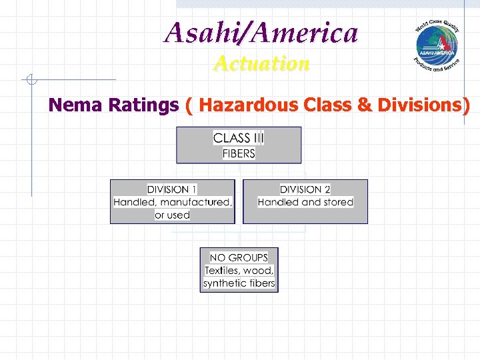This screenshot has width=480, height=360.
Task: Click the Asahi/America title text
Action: click(261, 32)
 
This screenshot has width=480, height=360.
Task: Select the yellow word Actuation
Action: click(261, 64)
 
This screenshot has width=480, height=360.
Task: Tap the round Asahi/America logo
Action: click(437, 45)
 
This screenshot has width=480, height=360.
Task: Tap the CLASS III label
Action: click(238, 139)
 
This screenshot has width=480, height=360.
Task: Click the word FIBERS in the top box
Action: click(238, 153)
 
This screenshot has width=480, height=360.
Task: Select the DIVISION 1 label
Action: click(172, 190)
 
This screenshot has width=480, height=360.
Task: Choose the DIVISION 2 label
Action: click(305, 190)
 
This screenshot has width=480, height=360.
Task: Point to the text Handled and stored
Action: click(305, 202)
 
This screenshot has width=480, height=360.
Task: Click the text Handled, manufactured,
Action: click(173, 202)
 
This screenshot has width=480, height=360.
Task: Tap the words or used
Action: click(172, 215)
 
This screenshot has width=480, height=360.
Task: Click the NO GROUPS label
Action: click(239, 257)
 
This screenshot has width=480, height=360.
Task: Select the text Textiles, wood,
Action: click(239, 270)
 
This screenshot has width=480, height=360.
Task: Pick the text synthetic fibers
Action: click(239, 283)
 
